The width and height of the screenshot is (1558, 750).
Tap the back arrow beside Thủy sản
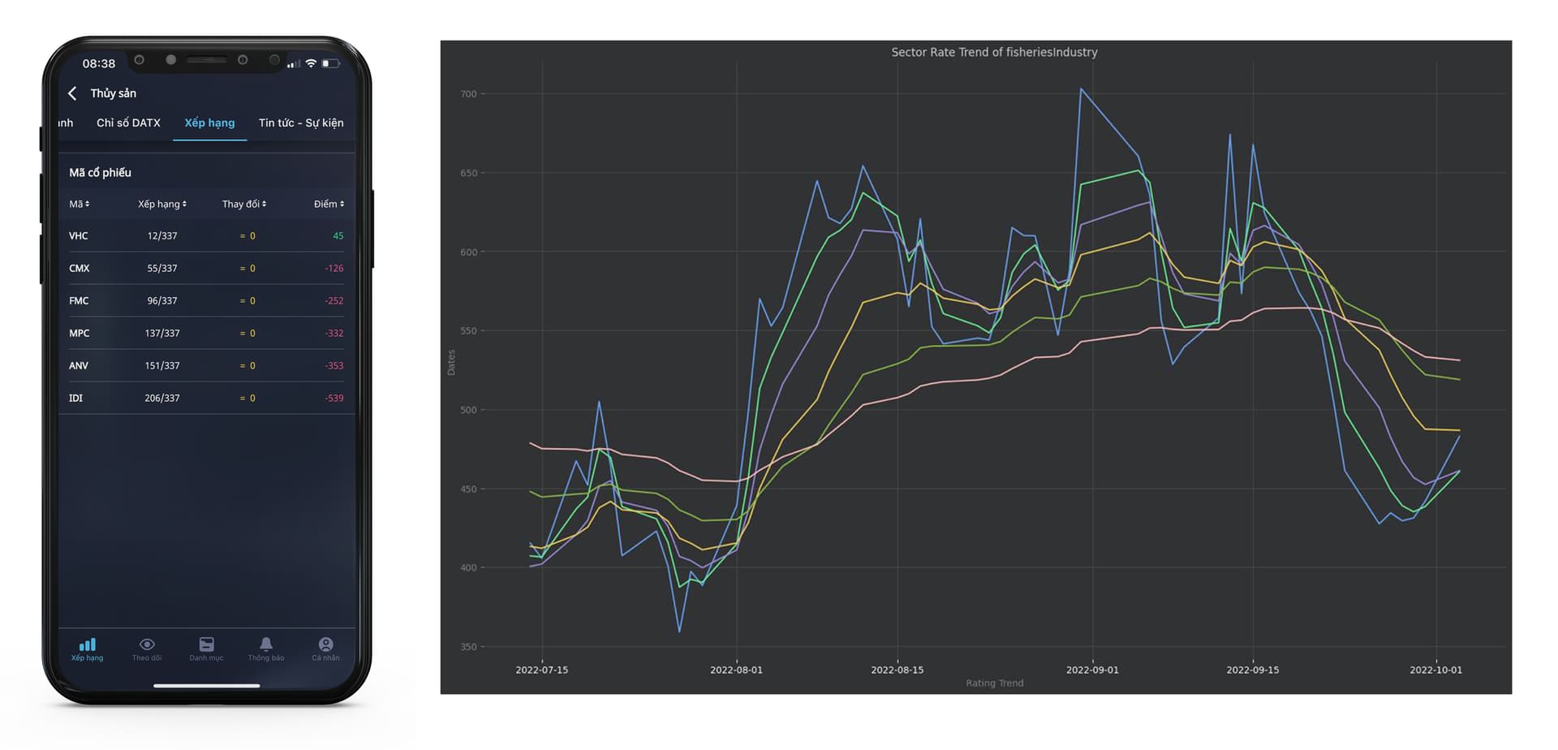point(72,93)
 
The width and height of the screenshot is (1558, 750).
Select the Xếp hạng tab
point(209,123)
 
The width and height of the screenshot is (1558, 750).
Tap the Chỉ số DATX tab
point(128,123)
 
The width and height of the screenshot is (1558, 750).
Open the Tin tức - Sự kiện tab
point(301,123)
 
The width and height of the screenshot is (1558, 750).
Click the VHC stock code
point(79,236)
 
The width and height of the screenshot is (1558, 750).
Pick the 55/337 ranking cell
point(162,269)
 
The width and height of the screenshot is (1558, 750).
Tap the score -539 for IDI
point(334,399)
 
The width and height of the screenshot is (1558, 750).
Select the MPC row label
point(80,334)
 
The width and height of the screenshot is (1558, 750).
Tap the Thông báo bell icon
point(266,644)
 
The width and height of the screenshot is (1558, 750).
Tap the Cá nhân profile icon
point(325,644)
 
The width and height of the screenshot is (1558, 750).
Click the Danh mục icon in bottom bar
point(206,644)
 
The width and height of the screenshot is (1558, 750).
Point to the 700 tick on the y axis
point(468,94)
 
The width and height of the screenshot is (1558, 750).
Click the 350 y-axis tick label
point(468,647)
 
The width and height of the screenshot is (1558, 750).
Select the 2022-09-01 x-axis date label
point(1091,670)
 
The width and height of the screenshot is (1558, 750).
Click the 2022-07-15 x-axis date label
point(542,670)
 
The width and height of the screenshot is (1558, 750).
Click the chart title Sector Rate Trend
point(994,52)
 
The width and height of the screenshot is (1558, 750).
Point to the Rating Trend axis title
point(994,683)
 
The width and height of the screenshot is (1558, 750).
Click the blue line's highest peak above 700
point(1081,89)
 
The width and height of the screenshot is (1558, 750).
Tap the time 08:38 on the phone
point(99,63)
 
